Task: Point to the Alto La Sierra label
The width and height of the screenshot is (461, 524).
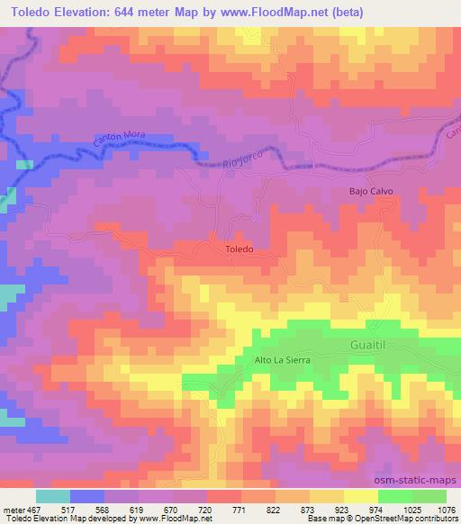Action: [x=275, y=359]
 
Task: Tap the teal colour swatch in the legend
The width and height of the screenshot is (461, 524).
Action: [x=52, y=495]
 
